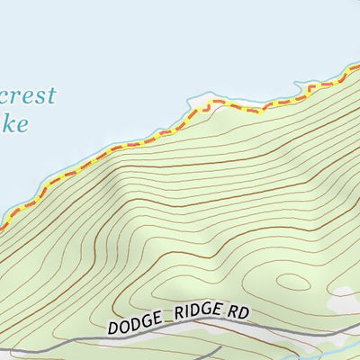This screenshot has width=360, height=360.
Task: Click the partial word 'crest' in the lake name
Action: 29,96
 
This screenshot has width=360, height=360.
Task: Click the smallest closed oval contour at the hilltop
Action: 291,281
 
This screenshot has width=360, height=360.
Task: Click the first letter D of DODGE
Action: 112,328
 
